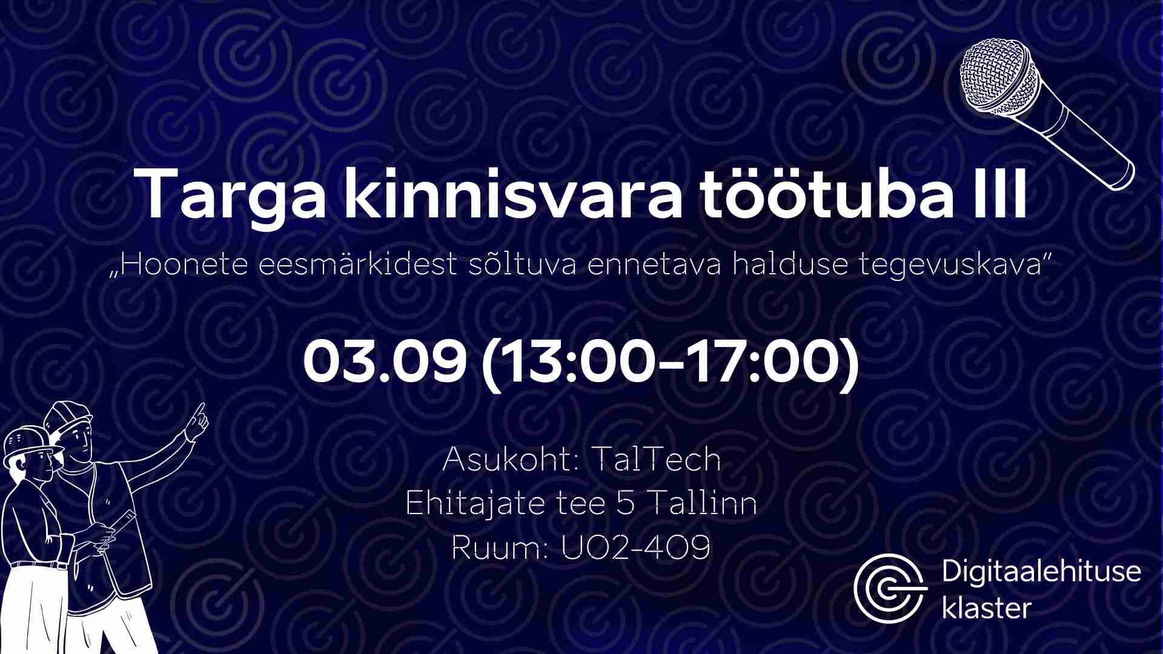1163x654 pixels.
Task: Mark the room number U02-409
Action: (635, 548)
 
